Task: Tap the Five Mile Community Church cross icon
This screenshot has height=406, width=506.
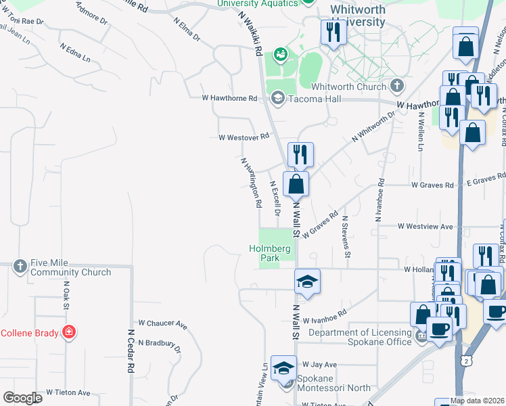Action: [20, 267]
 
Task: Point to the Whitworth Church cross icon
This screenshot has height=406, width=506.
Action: [396, 86]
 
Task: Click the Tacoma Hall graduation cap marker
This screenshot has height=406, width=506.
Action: [277, 99]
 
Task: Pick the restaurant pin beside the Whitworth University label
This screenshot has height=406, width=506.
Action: [333, 32]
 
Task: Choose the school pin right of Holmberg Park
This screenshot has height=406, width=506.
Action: [307, 281]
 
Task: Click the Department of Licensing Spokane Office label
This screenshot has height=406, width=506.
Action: [360, 337]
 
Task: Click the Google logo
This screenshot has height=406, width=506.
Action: [22, 398]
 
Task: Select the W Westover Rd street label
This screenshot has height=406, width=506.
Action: [244, 137]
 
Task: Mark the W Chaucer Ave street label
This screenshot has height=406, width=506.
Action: [162, 324]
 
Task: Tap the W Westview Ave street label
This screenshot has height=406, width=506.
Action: [425, 227]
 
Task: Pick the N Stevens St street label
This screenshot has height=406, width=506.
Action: [346, 237]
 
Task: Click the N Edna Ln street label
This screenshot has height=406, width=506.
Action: [74, 53]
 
